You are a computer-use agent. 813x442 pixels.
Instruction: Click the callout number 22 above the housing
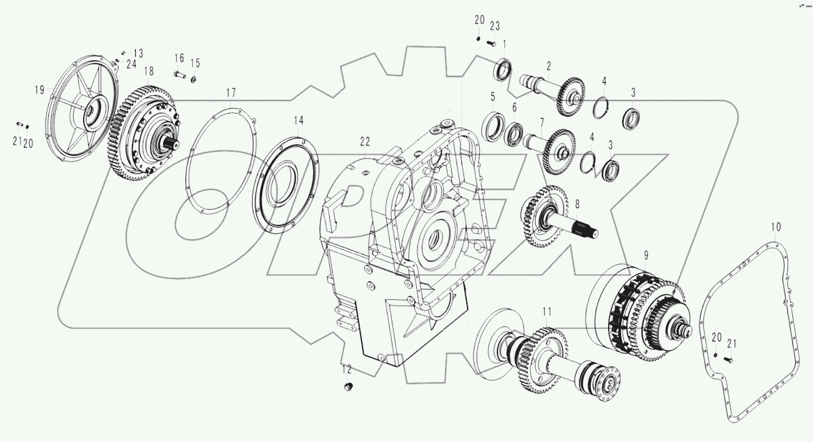tap(365, 141)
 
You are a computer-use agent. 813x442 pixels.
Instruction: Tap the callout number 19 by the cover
tap(40, 90)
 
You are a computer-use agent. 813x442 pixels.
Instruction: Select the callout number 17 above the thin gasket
tap(232, 92)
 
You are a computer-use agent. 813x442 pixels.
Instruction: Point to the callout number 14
tap(299, 120)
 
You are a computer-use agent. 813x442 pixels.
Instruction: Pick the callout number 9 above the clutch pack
tap(646, 254)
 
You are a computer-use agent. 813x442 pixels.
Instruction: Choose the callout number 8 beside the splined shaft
tap(577, 204)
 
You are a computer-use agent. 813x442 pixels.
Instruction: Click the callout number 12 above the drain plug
tap(346, 370)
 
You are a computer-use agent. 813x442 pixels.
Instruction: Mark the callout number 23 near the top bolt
tap(495, 26)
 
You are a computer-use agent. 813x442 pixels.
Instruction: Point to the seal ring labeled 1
tap(503, 69)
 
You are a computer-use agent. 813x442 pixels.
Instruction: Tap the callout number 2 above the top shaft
tap(549, 66)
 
